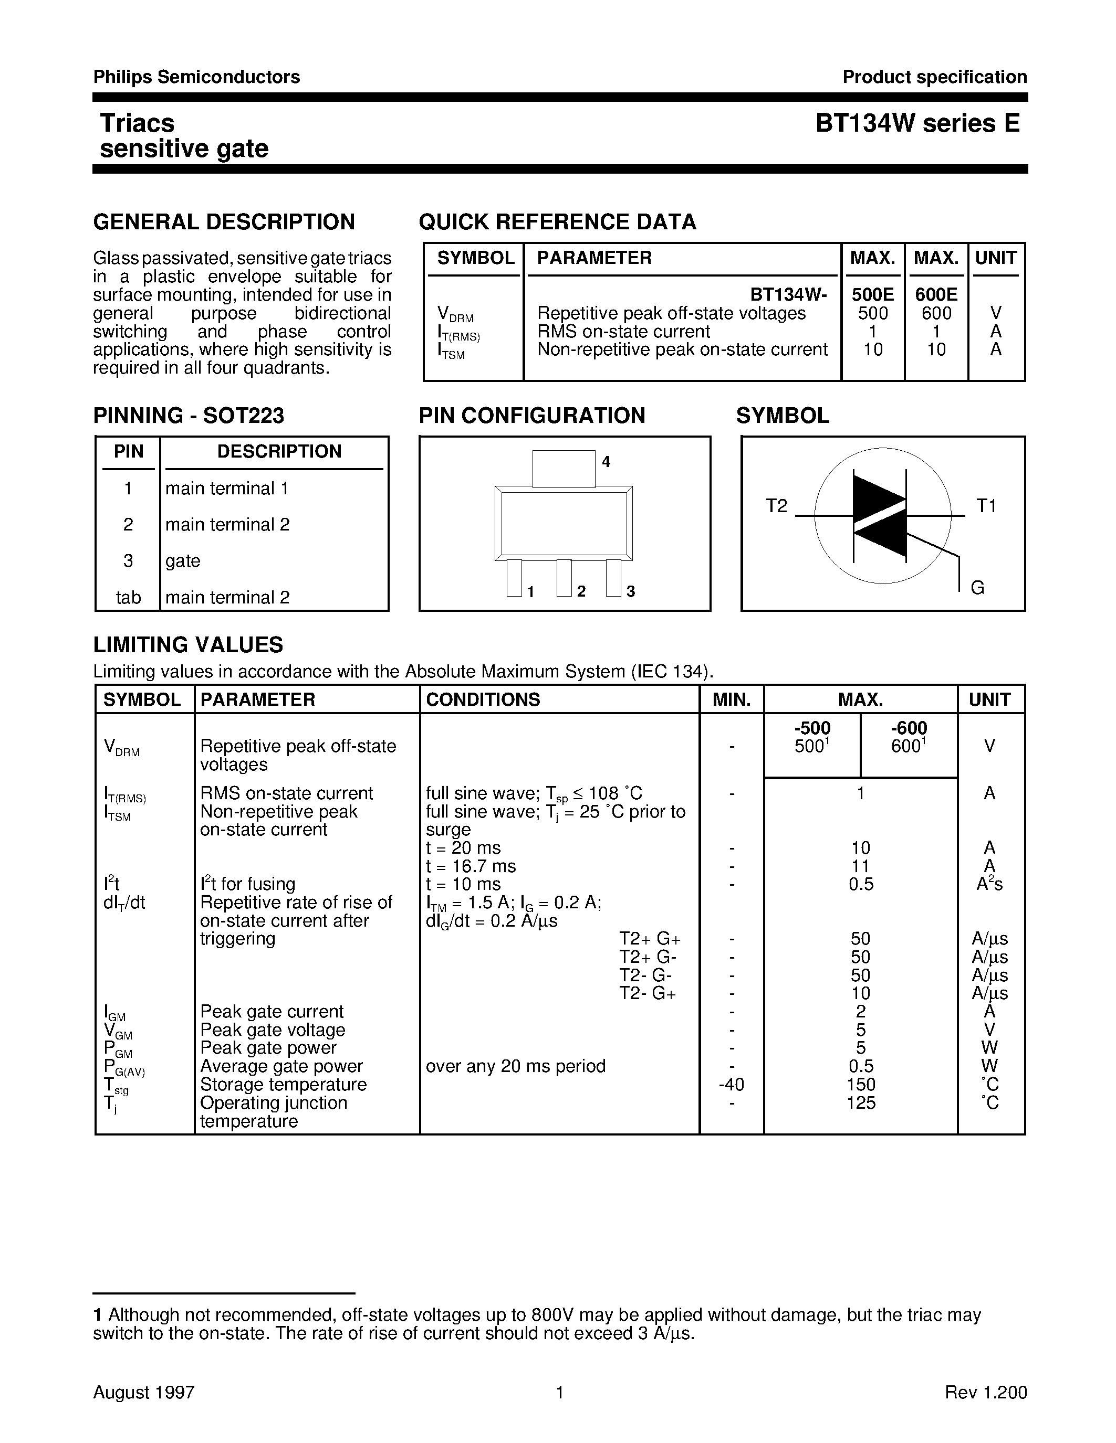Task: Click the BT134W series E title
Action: pyautogui.click(x=917, y=123)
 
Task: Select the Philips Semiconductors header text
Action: pyautogui.click(x=196, y=77)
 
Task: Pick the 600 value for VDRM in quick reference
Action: pyautogui.click(x=936, y=313)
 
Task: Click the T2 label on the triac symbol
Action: pyautogui.click(x=777, y=506)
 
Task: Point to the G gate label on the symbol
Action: pyautogui.click(x=977, y=587)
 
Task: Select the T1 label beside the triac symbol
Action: pyautogui.click(x=986, y=506)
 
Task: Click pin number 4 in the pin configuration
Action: pyautogui.click(x=606, y=462)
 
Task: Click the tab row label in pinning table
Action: pyautogui.click(x=128, y=597)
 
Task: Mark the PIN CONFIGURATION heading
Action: pyautogui.click(x=531, y=416)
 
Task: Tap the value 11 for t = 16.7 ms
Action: pyautogui.click(x=860, y=866)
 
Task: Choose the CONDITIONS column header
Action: pyautogui.click(x=483, y=699)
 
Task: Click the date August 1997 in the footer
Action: pyautogui.click(x=143, y=1392)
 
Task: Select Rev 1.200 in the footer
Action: pyautogui.click(x=985, y=1392)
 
